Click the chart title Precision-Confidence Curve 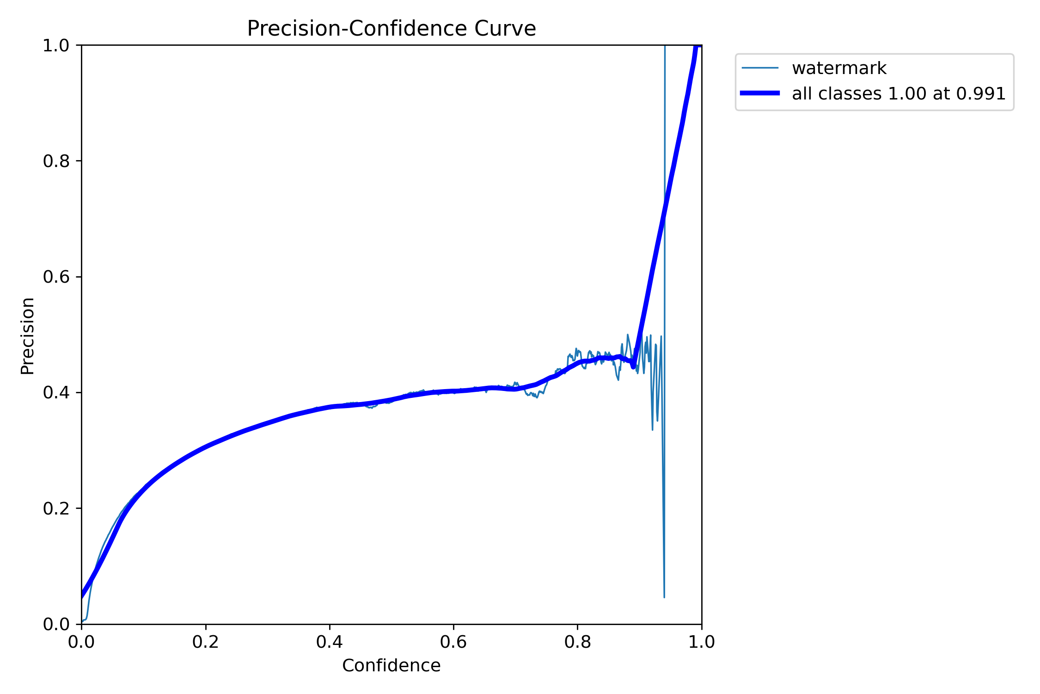pyautogui.click(x=391, y=29)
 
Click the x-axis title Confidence pyautogui.click(x=391, y=665)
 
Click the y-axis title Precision pyautogui.click(x=28, y=335)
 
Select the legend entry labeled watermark pyautogui.click(x=839, y=68)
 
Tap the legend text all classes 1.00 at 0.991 pyautogui.click(x=899, y=94)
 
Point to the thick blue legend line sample pyautogui.click(x=760, y=93)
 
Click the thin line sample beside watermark pyautogui.click(x=760, y=68)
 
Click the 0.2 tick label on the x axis pyautogui.click(x=206, y=642)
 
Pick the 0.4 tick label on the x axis pyautogui.click(x=330, y=642)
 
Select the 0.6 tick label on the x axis pyautogui.click(x=453, y=642)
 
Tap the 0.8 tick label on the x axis pyautogui.click(x=577, y=642)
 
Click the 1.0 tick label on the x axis pyautogui.click(x=701, y=642)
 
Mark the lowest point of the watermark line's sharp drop pyautogui.click(x=664, y=597)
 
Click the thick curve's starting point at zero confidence pyautogui.click(x=82, y=596)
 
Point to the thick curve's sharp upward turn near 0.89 pyautogui.click(x=633, y=366)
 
